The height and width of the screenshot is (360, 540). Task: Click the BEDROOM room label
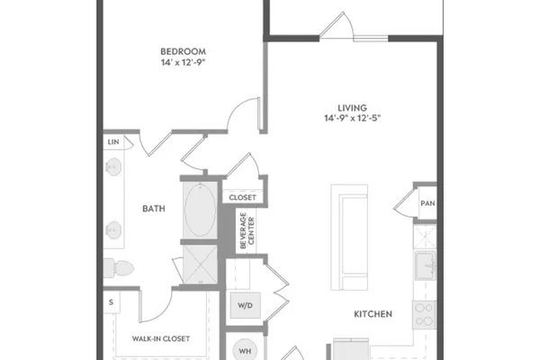[184, 51]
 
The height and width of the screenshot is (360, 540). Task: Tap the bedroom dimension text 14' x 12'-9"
[184, 62]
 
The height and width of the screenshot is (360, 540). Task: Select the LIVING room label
[352, 108]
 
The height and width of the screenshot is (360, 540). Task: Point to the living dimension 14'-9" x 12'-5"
[352, 118]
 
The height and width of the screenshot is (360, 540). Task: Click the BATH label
[154, 209]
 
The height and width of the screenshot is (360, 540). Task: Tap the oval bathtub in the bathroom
[200, 210]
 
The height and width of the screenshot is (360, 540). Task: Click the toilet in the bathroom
[118, 268]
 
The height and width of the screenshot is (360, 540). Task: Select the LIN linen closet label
[113, 142]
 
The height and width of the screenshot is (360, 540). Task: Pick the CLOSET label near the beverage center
[242, 198]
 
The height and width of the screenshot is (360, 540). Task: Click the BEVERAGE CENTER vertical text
[247, 230]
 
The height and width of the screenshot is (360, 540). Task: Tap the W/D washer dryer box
[245, 305]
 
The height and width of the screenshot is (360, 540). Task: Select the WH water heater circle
[245, 351]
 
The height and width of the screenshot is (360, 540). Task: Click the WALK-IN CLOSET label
[161, 338]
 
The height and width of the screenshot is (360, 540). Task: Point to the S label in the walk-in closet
[111, 302]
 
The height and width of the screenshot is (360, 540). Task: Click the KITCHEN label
[373, 314]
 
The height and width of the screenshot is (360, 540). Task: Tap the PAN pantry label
[427, 203]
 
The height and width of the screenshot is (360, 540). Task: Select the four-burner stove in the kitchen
[425, 315]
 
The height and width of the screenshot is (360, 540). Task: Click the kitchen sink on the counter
[426, 265]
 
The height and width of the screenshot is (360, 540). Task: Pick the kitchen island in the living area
[349, 238]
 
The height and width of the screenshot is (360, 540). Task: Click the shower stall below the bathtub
[200, 265]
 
